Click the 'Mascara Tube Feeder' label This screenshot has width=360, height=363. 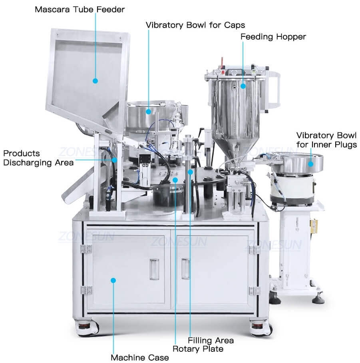coord(80,9)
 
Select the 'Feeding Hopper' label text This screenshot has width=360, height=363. coord(273,37)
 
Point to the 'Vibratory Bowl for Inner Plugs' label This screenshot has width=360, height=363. coord(326,140)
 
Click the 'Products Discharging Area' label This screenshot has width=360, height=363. coord(38,158)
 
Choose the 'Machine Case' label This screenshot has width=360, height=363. coord(139,357)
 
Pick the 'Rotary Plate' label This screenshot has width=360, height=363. coord(198,349)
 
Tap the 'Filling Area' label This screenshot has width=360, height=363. coord(211,340)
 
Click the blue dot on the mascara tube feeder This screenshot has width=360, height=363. coord(95,81)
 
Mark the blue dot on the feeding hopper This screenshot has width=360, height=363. coord(243,86)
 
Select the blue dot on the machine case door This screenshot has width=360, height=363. coord(113,280)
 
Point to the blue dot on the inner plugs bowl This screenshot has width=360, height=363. coord(310,164)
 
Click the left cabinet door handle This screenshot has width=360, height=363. coord(154,269)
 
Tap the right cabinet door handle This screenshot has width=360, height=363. coord(185,269)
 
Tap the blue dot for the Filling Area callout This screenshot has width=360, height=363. coord(190,172)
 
